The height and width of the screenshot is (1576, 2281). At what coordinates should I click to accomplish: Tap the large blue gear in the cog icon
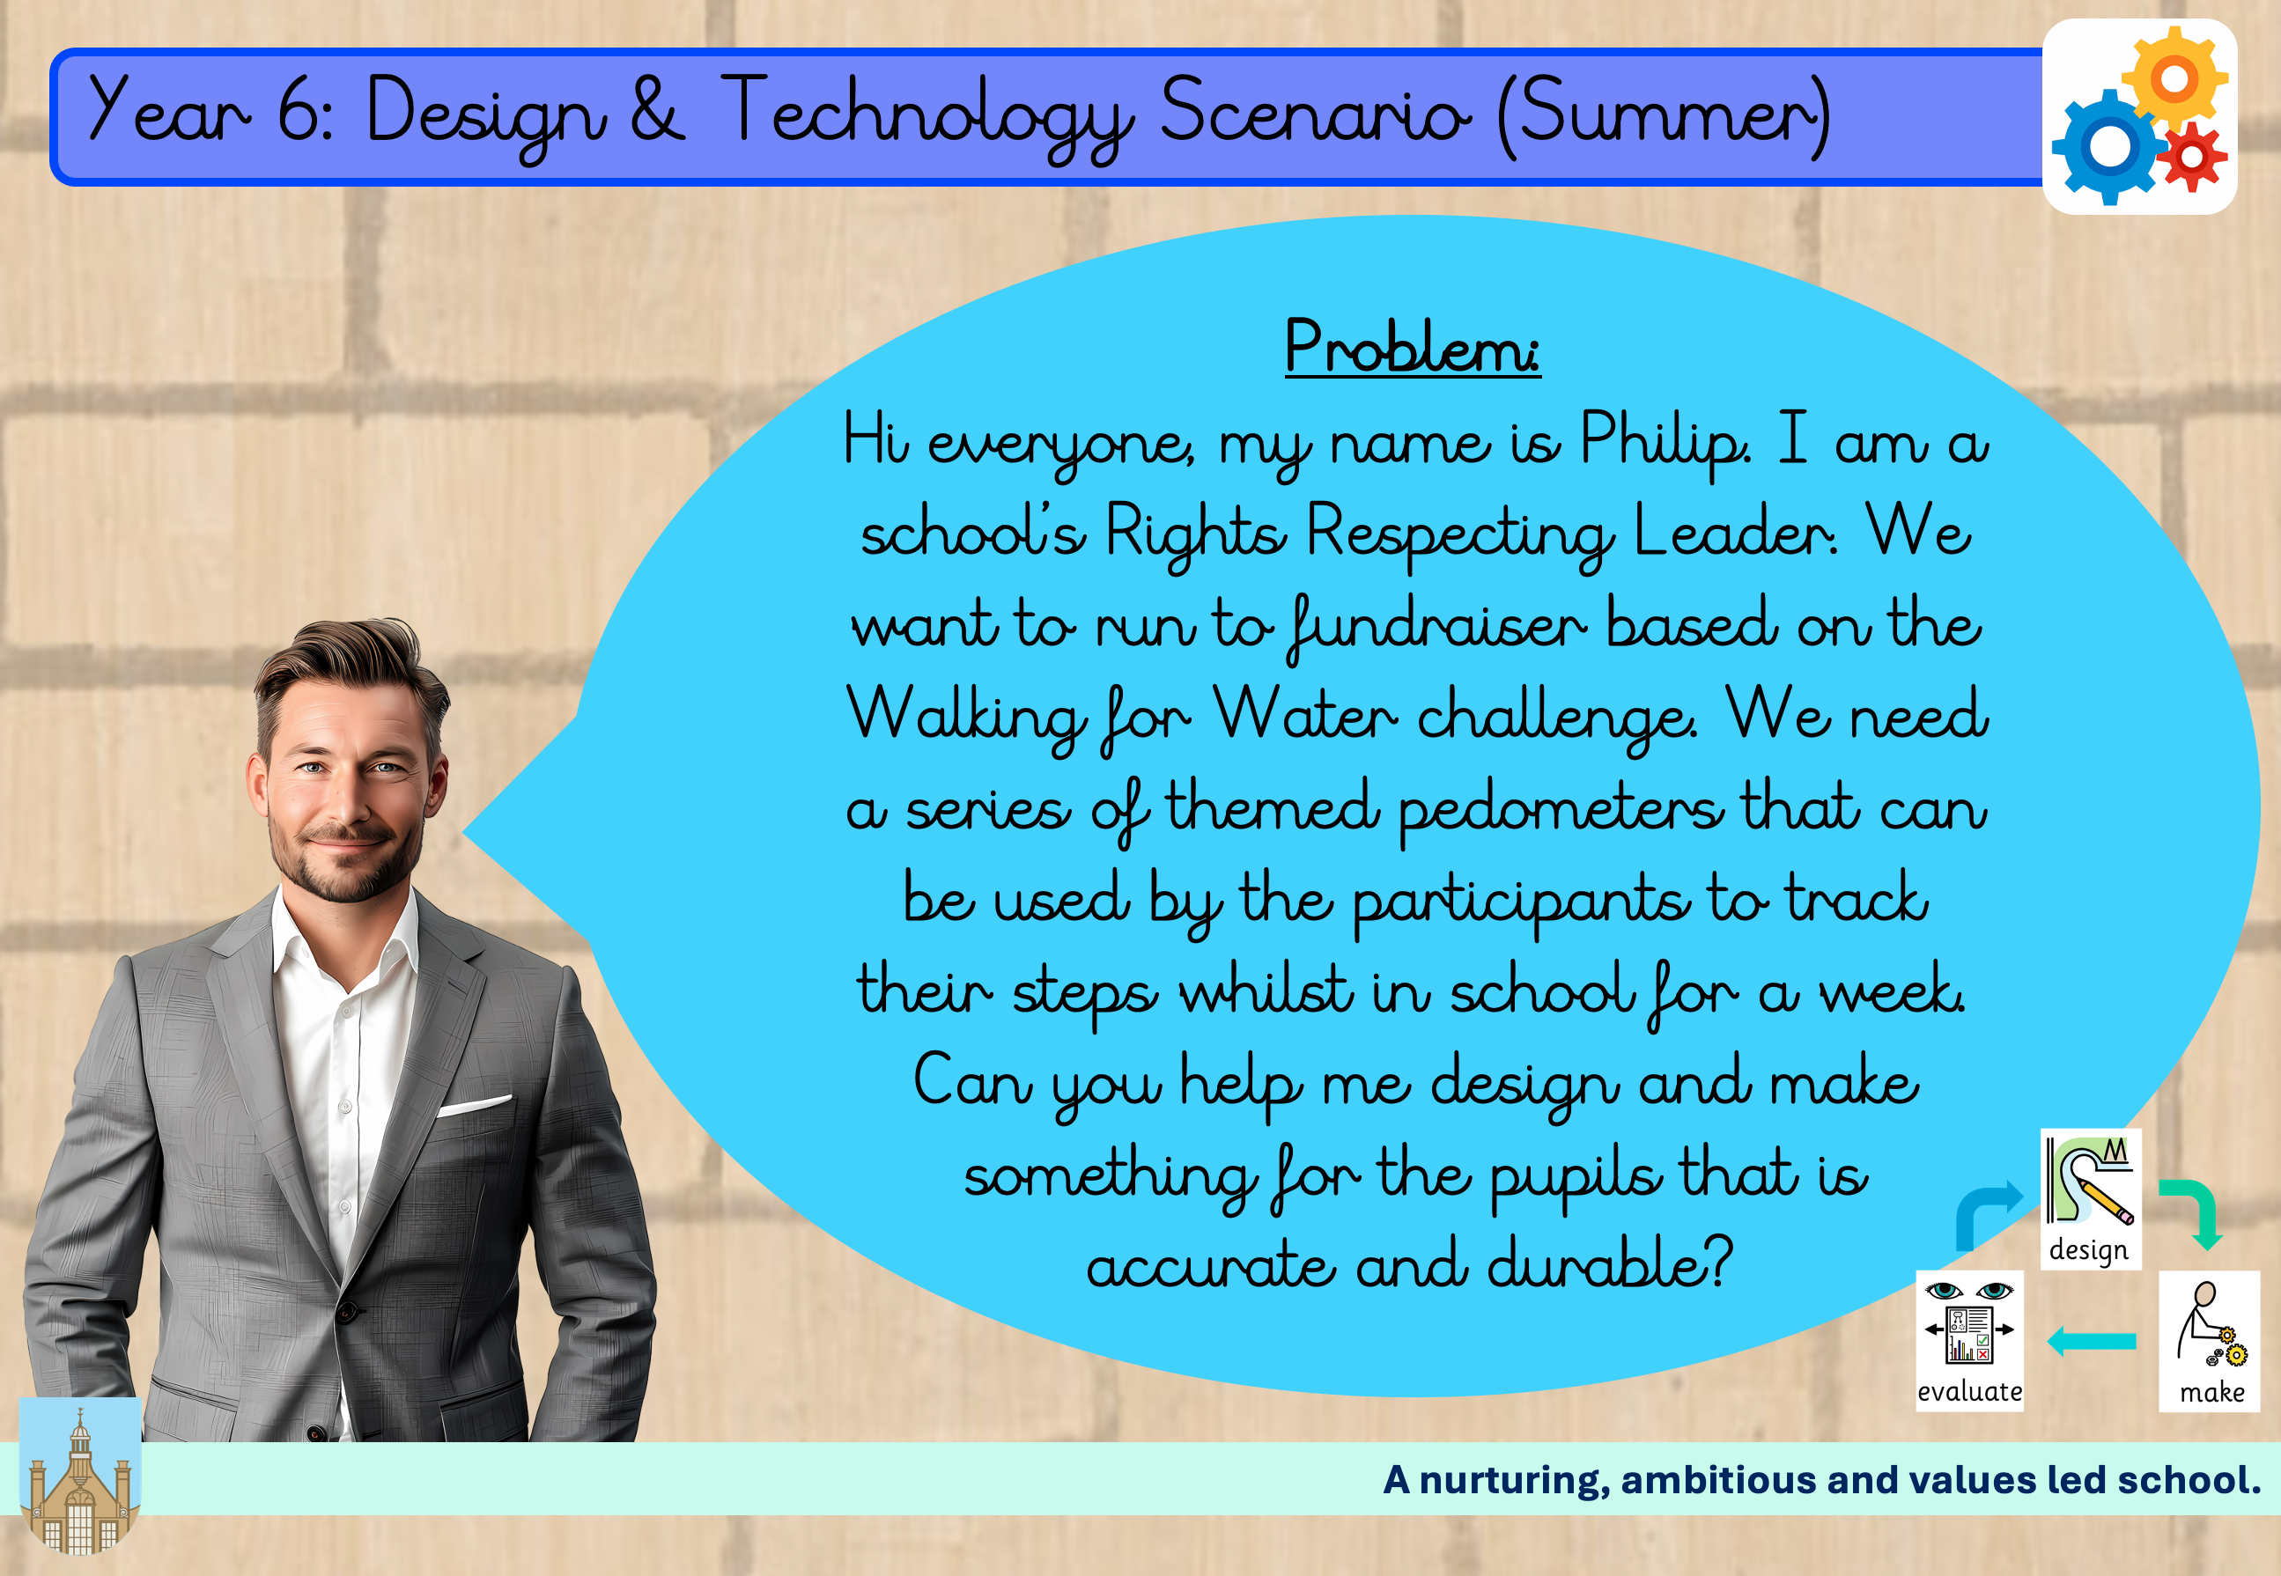tap(2109, 146)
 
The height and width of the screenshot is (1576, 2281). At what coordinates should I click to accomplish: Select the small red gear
tap(2191, 156)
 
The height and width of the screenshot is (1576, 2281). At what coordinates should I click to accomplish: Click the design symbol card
tap(2091, 1199)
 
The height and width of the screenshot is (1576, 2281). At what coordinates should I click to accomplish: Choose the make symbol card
tap(2209, 1341)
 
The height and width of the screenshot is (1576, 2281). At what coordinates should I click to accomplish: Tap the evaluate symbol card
tap(1969, 1341)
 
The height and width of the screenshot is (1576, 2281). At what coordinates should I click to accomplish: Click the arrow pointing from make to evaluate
tap(2092, 1341)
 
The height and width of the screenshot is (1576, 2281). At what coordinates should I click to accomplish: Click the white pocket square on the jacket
tap(474, 1105)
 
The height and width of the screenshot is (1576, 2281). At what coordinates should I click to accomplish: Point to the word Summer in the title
tap(1664, 114)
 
